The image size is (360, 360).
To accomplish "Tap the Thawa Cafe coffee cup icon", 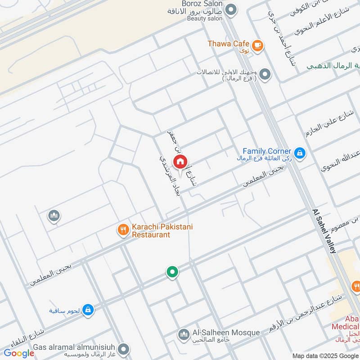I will pos(257,45).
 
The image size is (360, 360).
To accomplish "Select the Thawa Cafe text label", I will pos(229,44).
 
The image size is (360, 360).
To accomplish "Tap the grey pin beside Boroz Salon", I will pos(231,9).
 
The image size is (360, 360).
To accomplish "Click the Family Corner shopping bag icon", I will pos(300,153).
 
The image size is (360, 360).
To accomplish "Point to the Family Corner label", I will pos(267,151).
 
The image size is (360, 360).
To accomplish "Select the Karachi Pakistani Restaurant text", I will pos(162,231).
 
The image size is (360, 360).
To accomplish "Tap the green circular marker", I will pos(172,271).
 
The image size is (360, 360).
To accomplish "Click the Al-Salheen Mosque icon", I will pos(184,334).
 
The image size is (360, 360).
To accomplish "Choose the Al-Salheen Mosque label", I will pos(226,333).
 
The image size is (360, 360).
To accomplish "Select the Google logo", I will pos(19,353).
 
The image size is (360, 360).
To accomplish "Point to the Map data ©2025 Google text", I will pos(325,355).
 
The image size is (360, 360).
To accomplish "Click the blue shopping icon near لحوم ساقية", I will pos(88,310).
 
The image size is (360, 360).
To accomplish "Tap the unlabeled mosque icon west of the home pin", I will pos(54,216).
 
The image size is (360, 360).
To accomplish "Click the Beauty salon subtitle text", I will pos(205,18).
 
